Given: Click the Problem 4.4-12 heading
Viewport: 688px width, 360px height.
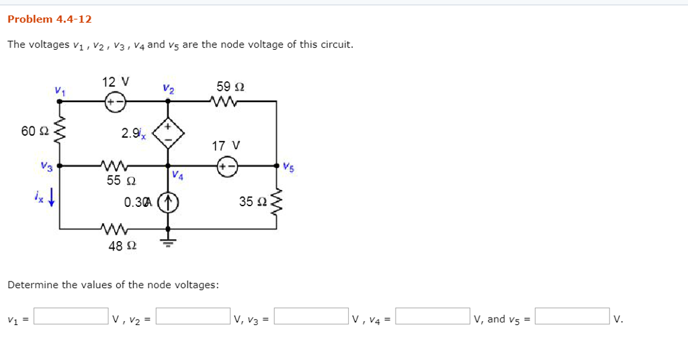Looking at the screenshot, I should click(x=49, y=19).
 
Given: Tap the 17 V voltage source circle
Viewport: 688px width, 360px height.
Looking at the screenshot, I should click(x=227, y=165).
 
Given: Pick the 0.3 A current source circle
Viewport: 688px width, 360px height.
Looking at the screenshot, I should click(x=168, y=201).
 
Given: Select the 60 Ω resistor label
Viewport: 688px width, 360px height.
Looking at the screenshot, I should click(x=32, y=131).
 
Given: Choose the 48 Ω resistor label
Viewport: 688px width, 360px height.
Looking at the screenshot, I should click(x=122, y=246).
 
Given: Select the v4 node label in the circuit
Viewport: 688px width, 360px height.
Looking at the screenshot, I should click(x=177, y=175).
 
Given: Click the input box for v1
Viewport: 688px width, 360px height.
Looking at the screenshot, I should click(x=71, y=316).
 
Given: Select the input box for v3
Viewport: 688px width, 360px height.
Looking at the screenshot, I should click(x=311, y=316).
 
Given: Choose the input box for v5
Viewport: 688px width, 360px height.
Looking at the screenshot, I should click(x=572, y=316).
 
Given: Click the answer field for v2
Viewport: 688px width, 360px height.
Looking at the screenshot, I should click(x=193, y=316).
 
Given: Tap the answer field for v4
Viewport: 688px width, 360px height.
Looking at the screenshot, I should click(x=433, y=316).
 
